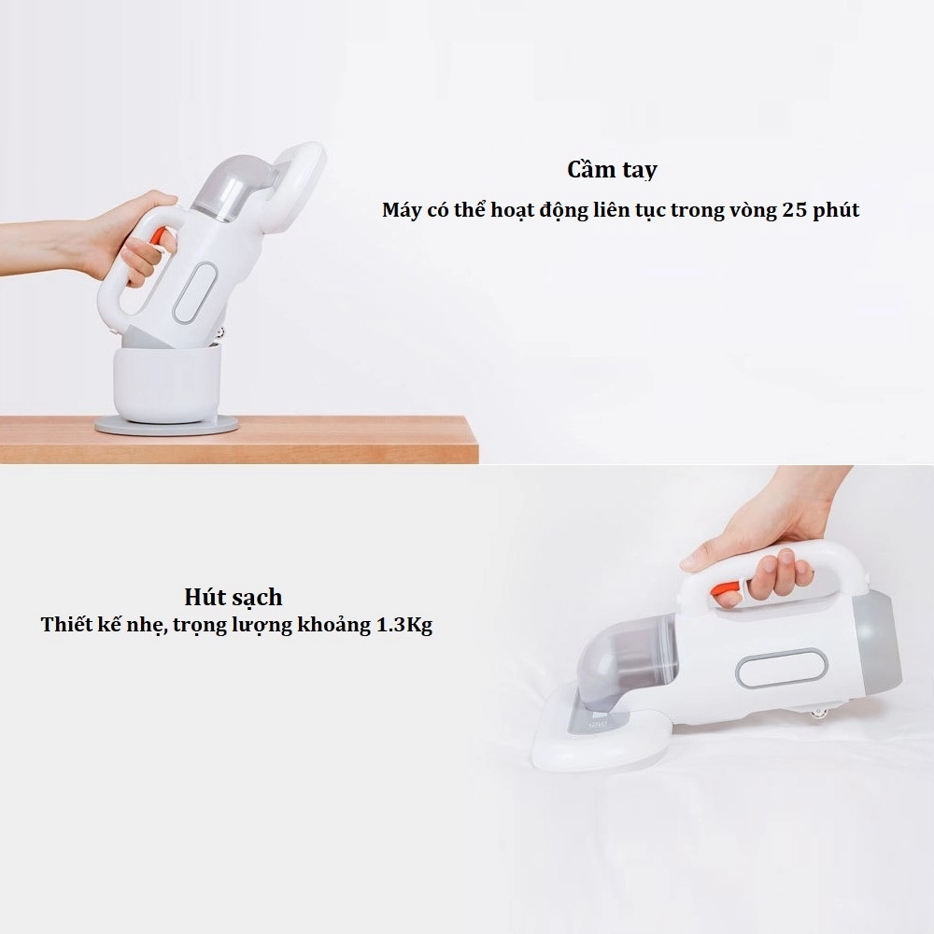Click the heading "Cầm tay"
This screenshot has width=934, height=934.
612,170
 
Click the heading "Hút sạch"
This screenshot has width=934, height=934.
233,596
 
